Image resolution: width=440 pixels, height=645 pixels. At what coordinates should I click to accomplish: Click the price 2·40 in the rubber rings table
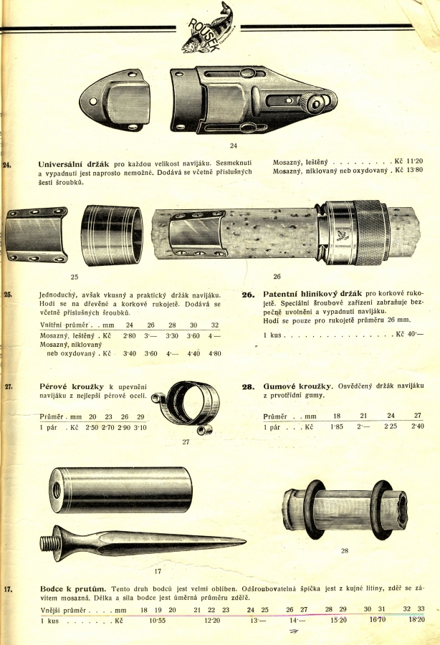[x=418, y=426]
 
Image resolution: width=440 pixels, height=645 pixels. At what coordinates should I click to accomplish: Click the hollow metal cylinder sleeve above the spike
[x=120, y=489]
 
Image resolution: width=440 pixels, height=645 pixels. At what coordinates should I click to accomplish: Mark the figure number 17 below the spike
[x=158, y=572]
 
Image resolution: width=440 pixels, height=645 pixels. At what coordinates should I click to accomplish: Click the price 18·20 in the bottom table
[x=416, y=619]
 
